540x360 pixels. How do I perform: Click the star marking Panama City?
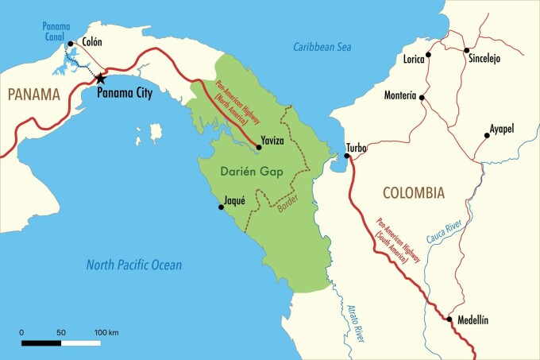point(100,78)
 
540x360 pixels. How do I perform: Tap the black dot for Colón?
point(71,45)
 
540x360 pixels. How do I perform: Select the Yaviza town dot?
point(259,147)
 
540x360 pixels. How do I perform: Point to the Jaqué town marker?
point(222,207)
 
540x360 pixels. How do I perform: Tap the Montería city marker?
point(422,98)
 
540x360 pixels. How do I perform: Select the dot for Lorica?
point(429,55)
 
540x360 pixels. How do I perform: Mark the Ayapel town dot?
point(487,136)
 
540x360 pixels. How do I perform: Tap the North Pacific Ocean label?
point(133,265)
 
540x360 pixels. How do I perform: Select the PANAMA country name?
point(34,95)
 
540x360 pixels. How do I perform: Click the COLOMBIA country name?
point(413,192)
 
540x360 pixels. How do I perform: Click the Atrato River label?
point(356,318)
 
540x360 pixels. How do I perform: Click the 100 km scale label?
point(106,331)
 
